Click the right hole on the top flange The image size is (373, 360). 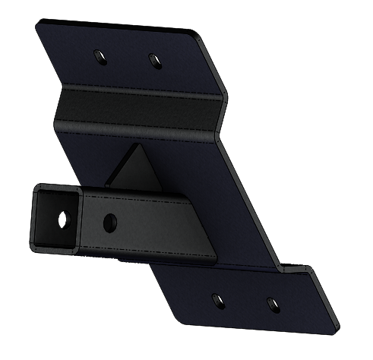point(153,58)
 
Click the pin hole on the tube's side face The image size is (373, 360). point(109,222)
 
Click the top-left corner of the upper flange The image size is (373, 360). point(38,23)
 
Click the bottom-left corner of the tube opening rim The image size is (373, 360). point(34,244)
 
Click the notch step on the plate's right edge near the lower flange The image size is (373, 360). point(289,266)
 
